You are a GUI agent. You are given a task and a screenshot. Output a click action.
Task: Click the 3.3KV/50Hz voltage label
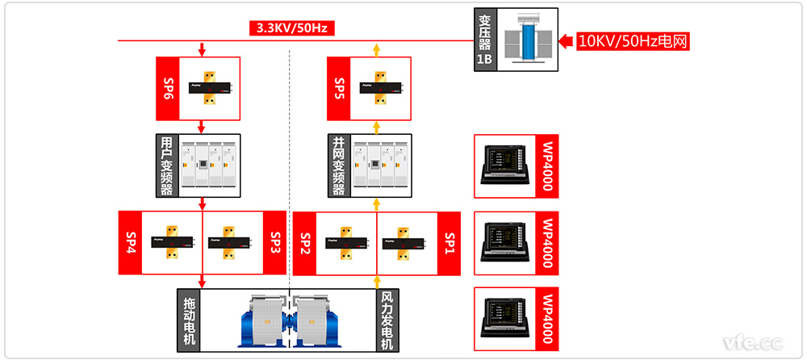click(291, 28)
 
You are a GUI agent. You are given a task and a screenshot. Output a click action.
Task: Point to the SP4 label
click(131, 241)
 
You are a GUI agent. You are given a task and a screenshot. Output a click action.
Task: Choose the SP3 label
click(274, 241)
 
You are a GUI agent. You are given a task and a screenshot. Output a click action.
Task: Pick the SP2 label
click(305, 241)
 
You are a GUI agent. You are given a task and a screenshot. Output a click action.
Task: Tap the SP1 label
click(449, 241)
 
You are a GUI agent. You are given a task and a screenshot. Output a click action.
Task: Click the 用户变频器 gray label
click(167, 165)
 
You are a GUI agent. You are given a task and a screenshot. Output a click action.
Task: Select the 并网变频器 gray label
click(340, 165)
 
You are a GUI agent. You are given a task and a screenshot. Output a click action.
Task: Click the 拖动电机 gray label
click(190, 320)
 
